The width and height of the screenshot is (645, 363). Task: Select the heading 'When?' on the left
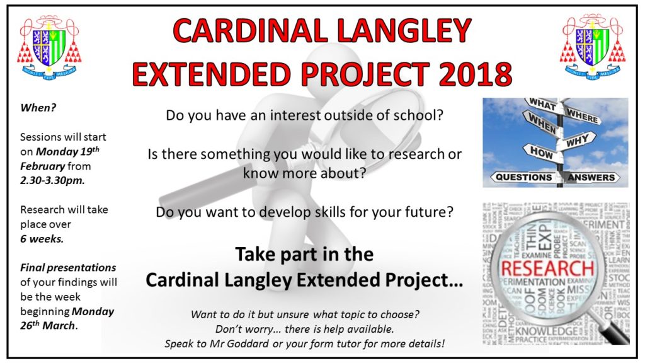click(38, 107)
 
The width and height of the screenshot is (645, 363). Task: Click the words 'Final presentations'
click(67, 268)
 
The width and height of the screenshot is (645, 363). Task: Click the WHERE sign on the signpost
click(582, 115)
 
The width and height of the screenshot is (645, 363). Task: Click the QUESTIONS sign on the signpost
click(523, 177)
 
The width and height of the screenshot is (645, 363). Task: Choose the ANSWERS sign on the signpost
click(591, 177)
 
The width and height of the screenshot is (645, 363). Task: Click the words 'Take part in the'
click(304, 255)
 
